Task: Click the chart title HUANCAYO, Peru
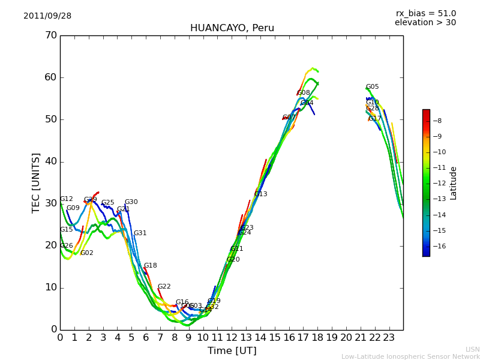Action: coord(232,28)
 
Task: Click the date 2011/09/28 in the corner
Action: coord(47,16)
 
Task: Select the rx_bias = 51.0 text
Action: coord(425,14)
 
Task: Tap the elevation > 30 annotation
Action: coord(425,23)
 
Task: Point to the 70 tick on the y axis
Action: coord(51,35)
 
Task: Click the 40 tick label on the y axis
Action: coord(51,161)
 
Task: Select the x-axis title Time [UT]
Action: coord(232,351)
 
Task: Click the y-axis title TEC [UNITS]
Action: coord(36,182)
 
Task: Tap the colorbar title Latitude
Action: coord(454,183)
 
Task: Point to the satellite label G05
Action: coord(372,87)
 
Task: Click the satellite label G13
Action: coord(260,194)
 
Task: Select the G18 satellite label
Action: coord(150,266)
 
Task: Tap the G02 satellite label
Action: coord(86,253)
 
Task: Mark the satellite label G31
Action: coord(140,233)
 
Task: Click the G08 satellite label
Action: coord(304,93)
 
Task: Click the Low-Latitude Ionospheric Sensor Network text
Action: coord(410,357)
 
